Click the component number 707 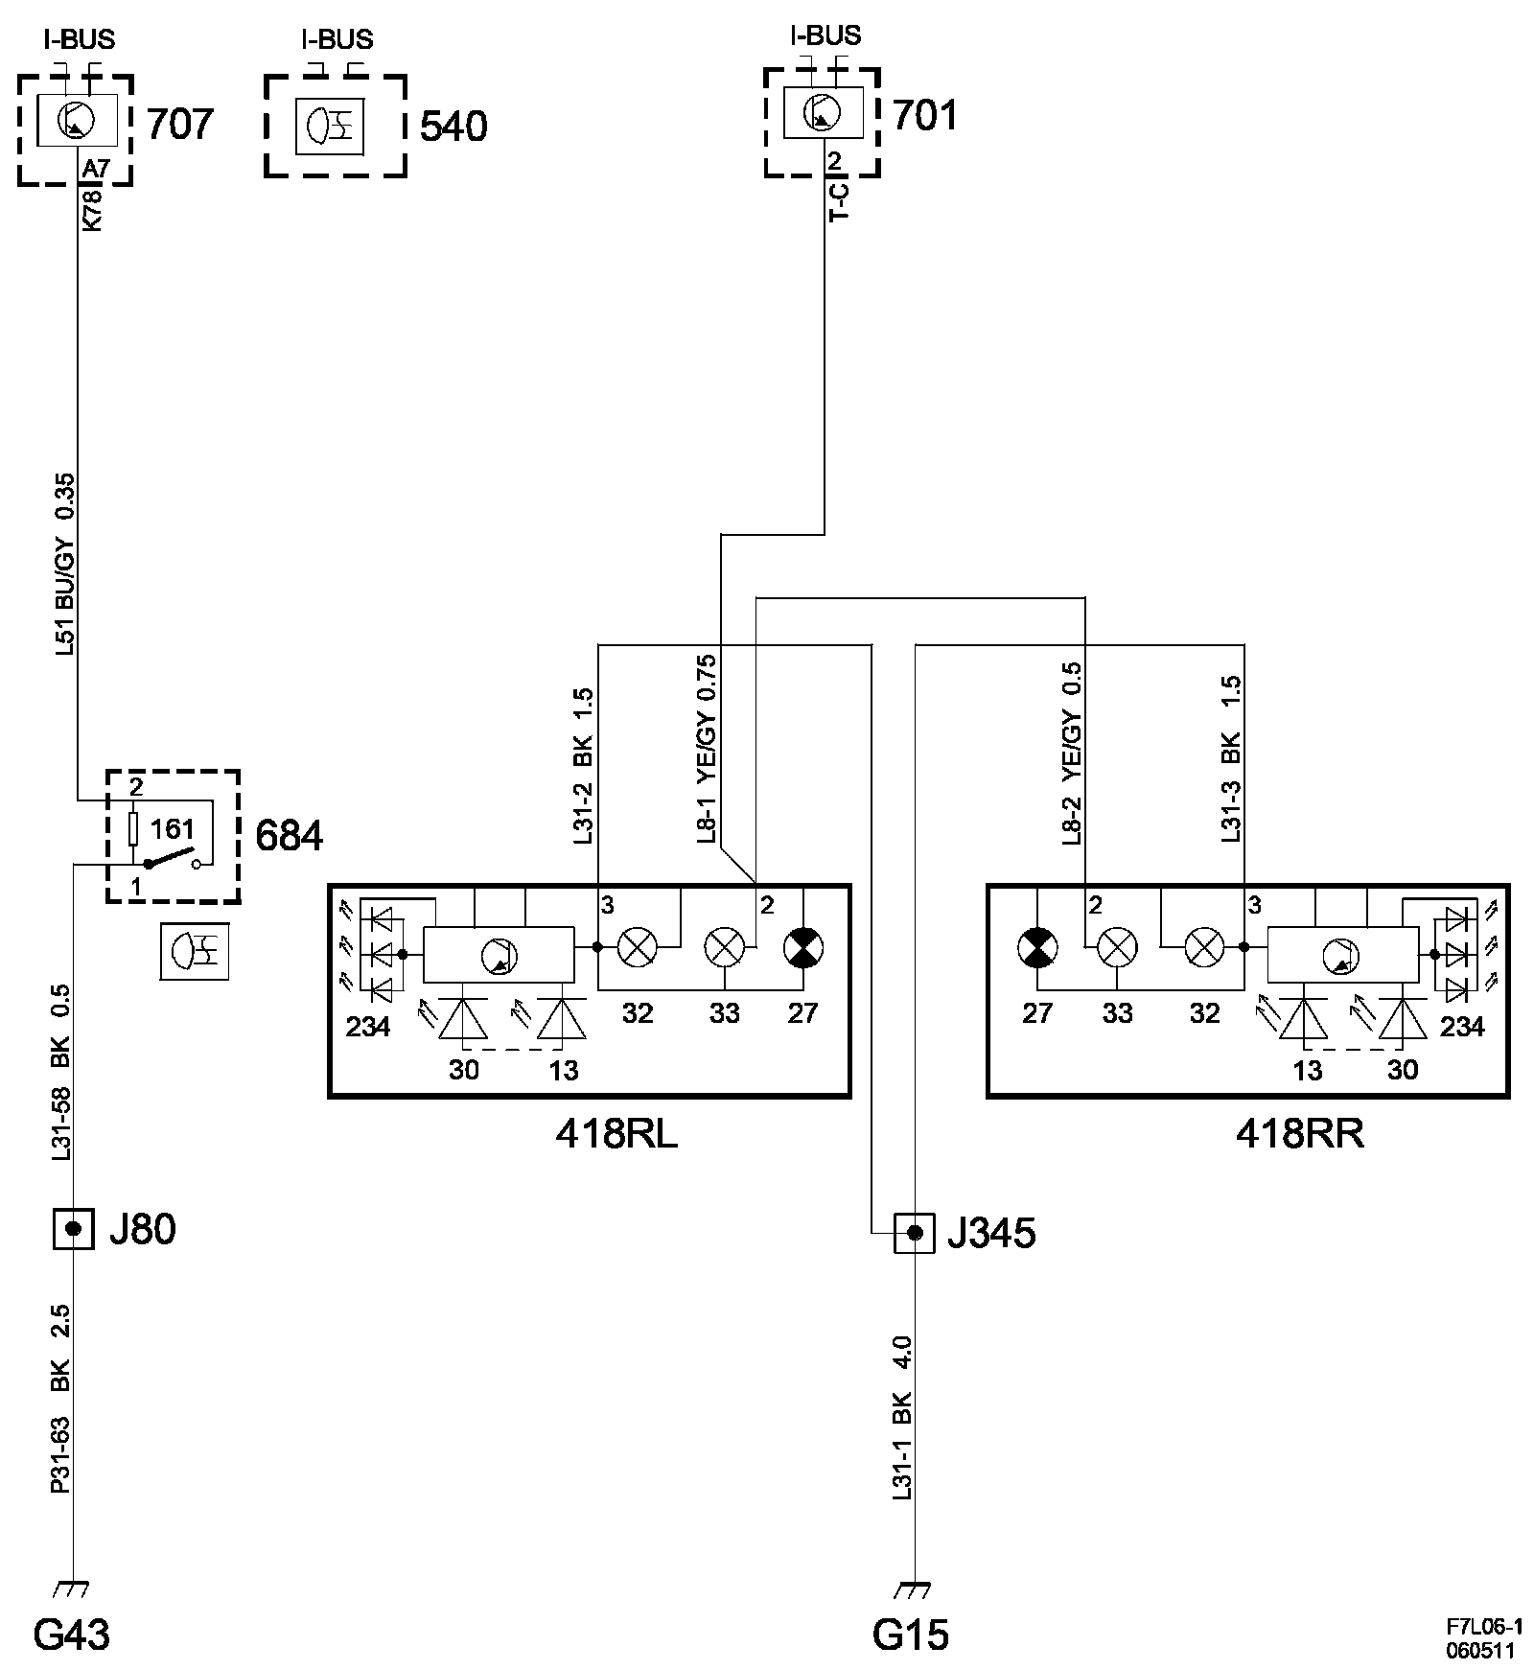(x=179, y=125)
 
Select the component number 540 (x=453, y=127)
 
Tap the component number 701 (x=925, y=116)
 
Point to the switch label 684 (x=290, y=837)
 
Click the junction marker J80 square (x=73, y=1228)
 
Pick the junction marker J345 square (x=914, y=1233)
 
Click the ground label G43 (x=72, y=1635)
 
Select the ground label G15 (x=910, y=1635)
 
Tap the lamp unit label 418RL (x=616, y=1135)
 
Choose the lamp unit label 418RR (x=1299, y=1135)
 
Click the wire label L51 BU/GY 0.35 (x=65, y=565)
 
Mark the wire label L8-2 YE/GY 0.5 (x=1072, y=753)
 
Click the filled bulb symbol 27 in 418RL (x=802, y=948)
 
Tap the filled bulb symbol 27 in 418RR (x=1037, y=949)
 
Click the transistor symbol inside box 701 (x=823, y=113)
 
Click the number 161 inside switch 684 (x=173, y=828)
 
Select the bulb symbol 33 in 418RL (x=724, y=948)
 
